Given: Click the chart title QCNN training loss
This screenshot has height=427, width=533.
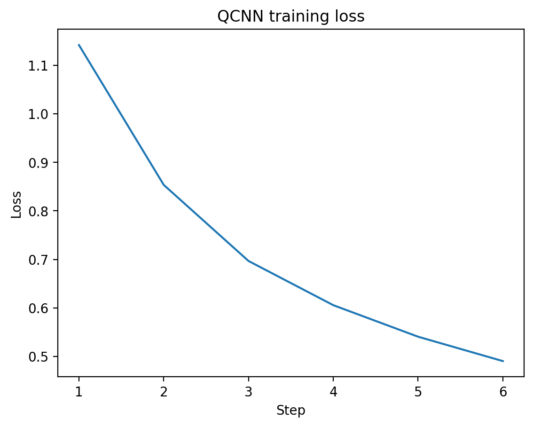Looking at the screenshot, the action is click(290, 16).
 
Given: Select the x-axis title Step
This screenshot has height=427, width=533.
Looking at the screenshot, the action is click(290, 411).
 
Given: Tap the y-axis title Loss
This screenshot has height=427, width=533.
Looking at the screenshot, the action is click(16, 205).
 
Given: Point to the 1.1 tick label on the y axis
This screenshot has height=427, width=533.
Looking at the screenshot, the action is click(38, 66).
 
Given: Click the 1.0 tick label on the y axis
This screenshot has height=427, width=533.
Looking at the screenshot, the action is click(38, 114).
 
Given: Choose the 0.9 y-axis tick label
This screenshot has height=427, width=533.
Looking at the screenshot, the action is click(38, 163).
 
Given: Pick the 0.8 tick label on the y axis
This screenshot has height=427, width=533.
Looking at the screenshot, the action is click(38, 211).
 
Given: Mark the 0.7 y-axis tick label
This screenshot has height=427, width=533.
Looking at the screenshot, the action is click(38, 260).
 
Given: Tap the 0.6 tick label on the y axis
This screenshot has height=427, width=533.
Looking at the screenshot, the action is click(38, 308).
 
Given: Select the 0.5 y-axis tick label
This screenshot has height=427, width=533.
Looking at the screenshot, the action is click(38, 357).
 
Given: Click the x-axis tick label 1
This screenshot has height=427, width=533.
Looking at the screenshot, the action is click(79, 392).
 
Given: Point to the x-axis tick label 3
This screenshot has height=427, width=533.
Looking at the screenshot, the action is click(249, 392).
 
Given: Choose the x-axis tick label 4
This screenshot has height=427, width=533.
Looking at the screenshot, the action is click(333, 392).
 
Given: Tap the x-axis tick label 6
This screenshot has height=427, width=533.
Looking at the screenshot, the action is click(503, 392).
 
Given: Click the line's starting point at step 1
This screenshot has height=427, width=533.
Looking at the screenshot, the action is click(79, 45).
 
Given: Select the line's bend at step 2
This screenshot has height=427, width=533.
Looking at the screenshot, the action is click(164, 185).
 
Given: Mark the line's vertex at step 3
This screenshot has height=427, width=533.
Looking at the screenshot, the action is click(249, 261).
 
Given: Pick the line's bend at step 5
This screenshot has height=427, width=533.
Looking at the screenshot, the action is click(418, 337).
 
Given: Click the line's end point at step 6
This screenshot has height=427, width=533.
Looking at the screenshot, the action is click(503, 361).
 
